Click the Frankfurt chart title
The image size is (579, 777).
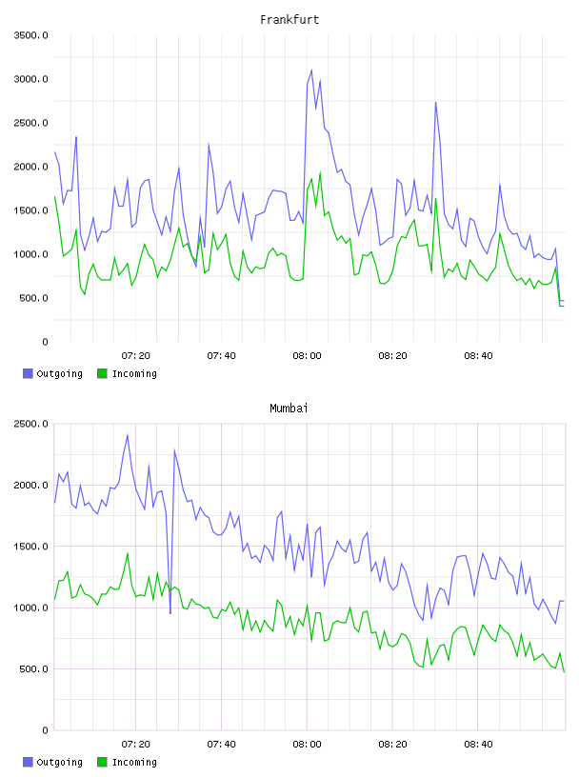coord(289,20)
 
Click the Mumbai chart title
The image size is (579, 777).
coord(289,408)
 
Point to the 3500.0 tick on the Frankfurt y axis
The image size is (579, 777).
coord(30,35)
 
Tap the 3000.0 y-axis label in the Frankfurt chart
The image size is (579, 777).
coord(30,79)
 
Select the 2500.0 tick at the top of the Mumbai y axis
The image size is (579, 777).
coord(30,424)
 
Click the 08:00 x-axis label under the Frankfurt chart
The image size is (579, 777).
coord(307,356)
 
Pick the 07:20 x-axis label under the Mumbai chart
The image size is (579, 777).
coord(135,745)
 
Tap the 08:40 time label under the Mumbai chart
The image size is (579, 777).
coord(478,745)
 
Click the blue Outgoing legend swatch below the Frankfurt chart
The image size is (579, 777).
coord(28,373)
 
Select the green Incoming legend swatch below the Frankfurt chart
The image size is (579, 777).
coord(102,373)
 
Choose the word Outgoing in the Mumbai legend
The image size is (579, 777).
coord(59,762)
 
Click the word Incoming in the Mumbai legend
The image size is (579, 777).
coord(134,762)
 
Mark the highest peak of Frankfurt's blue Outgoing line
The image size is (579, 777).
coord(311,70)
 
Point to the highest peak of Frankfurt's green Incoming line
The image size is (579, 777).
coord(320,173)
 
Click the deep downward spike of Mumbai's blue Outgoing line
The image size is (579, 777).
coord(170,613)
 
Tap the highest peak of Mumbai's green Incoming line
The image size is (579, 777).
coord(128,553)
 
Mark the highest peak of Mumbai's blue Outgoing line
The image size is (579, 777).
coord(128,435)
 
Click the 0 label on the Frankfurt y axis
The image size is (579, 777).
coord(45,342)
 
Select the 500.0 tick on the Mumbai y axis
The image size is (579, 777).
coord(30,669)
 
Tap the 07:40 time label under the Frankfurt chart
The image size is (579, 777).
coord(221,356)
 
